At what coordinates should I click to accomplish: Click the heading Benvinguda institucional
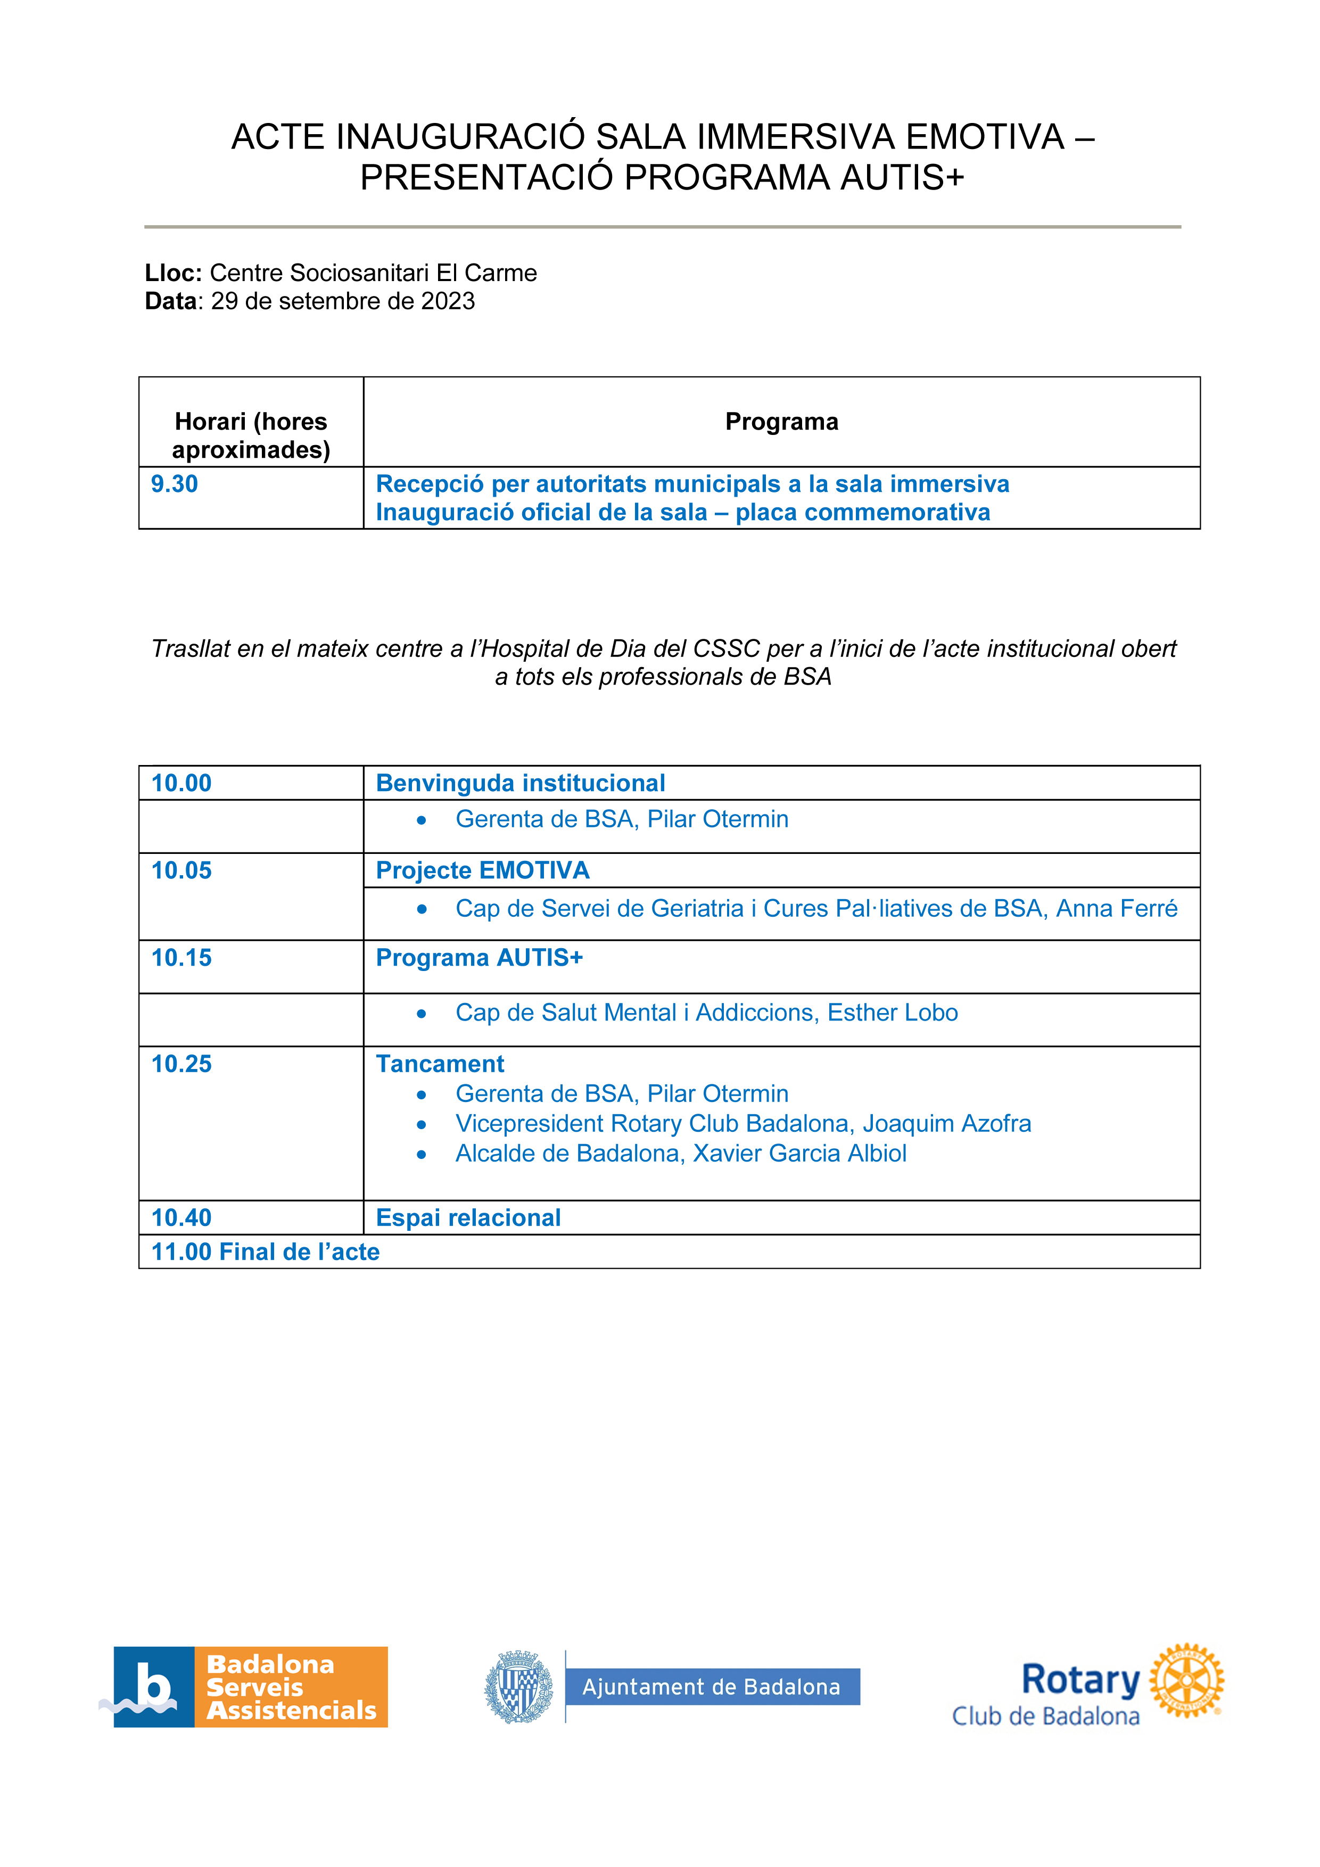520,783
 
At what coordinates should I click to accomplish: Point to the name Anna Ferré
1116,908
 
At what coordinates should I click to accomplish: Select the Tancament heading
440,1064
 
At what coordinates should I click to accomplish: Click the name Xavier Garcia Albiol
800,1153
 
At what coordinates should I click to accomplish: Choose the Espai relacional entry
468,1218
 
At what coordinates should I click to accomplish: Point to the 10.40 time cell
181,1218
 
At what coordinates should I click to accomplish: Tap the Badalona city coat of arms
518,1687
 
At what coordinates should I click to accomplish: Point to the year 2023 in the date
448,301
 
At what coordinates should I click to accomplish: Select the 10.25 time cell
181,1064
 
